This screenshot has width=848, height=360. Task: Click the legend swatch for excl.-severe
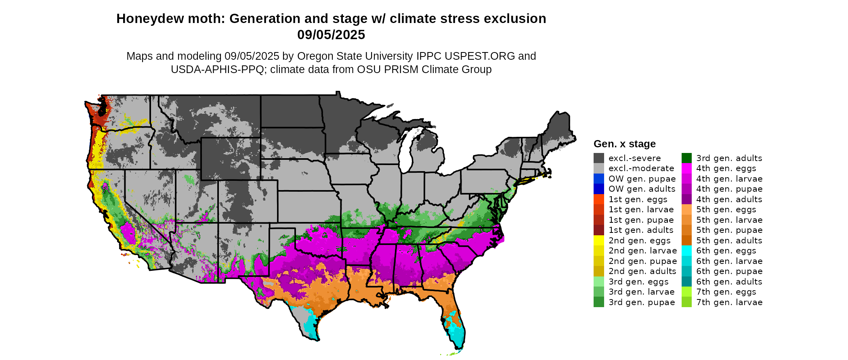(x=598, y=158)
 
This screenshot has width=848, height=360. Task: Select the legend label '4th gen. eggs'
(x=726, y=168)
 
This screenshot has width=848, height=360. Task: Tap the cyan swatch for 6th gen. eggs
(x=686, y=251)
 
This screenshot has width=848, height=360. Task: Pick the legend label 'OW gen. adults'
(x=642, y=189)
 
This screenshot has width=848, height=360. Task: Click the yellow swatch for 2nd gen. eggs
(x=598, y=241)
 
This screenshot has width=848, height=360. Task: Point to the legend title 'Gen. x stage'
(x=624, y=144)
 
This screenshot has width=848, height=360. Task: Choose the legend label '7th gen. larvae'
(x=729, y=302)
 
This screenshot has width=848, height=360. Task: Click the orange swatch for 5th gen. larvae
(x=686, y=220)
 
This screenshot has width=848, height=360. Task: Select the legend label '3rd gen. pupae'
(x=642, y=302)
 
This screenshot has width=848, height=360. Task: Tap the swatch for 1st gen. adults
(x=598, y=230)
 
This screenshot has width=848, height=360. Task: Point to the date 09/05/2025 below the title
(x=331, y=35)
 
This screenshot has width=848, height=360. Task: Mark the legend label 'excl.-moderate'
(x=641, y=168)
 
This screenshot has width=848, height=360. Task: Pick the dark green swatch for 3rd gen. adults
(x=686, y=158)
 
